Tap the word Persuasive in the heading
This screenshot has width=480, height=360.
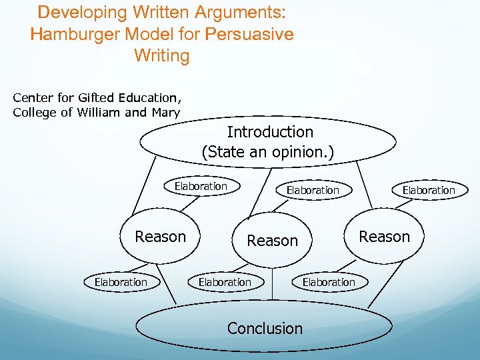pyautogui.click(x=251, y=34)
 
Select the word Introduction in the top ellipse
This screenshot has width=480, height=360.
pyautogui.click(x=269, y=132)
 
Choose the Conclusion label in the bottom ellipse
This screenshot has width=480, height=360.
pyautogui.click(x=265, y=328)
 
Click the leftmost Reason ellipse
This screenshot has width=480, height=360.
pyautogui.click(x=160, y=237)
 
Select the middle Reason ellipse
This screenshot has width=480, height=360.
pyautogui.click(x=272, y=241)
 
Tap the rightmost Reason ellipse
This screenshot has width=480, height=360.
pyautogui.click(x=384, y=237)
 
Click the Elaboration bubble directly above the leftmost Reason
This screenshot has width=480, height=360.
pyautogui.click(x=201, y=187)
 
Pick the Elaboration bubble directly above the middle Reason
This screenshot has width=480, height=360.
pyautogui.click(x=313, y=190)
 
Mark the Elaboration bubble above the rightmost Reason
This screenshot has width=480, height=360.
pyautogui.click(x=428, y=190)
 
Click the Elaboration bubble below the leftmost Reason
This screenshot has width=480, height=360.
pyautogui.click(x=121, y=282)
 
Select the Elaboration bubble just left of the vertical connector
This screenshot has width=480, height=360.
pyautogui.click(x=225, y=282)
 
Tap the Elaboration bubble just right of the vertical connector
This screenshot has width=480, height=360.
pyautogui.click(x=329, y=282)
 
